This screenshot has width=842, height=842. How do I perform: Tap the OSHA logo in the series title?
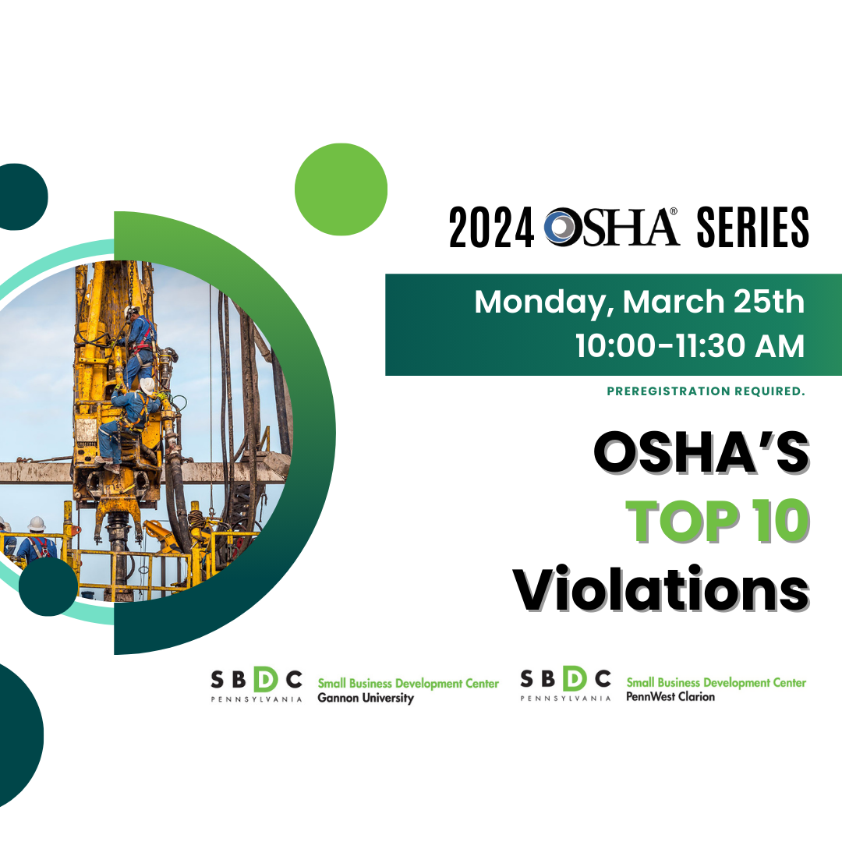click(x=613, y=227)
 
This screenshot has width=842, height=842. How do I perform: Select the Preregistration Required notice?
click(x=706, y=391)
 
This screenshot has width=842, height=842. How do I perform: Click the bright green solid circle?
click(x=341, y=189)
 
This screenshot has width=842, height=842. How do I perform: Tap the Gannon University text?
click(x=366, y=699)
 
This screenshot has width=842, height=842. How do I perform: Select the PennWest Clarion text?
click(x=670, y=697)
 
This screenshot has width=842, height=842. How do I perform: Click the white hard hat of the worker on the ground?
click(x=37, y=523)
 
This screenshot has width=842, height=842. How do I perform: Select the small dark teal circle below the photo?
click(x=48, y=587)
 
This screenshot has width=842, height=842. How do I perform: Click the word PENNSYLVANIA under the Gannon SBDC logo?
click(x=256, y=699)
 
